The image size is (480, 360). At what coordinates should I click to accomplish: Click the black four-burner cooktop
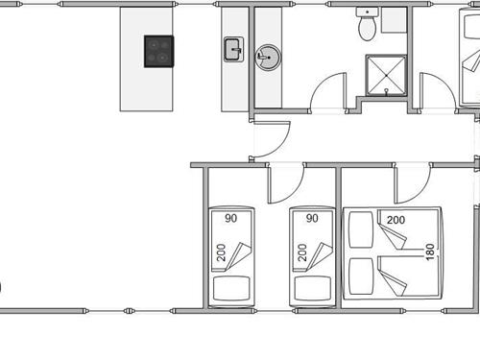(x=158, y=51)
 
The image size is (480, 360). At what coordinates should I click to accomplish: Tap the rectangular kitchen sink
(x=233, y=49)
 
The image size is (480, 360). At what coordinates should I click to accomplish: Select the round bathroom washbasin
(x=268, y=58)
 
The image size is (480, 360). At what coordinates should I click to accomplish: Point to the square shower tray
(x=386, y=76)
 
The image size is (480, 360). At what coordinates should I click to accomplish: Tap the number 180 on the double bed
(x=430, y=252)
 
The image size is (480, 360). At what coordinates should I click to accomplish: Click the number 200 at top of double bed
(x=396, y=220)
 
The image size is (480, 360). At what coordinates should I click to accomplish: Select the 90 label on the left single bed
(x=230, y=218)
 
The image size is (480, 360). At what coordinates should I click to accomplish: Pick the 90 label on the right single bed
(x=312, y=218)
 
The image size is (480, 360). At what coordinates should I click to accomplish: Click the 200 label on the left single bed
(x=221, y=252)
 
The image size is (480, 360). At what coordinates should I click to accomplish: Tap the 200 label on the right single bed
(x=302, y=252)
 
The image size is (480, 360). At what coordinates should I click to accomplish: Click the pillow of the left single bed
(x=231, y=288)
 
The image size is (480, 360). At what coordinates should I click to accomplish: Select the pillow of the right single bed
(x=313, y=288)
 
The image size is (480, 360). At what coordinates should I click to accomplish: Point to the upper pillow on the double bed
(x=361, y=229)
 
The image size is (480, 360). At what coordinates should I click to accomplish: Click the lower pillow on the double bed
(x=361, y=276)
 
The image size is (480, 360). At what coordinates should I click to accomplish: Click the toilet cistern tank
(x=367, y=12)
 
